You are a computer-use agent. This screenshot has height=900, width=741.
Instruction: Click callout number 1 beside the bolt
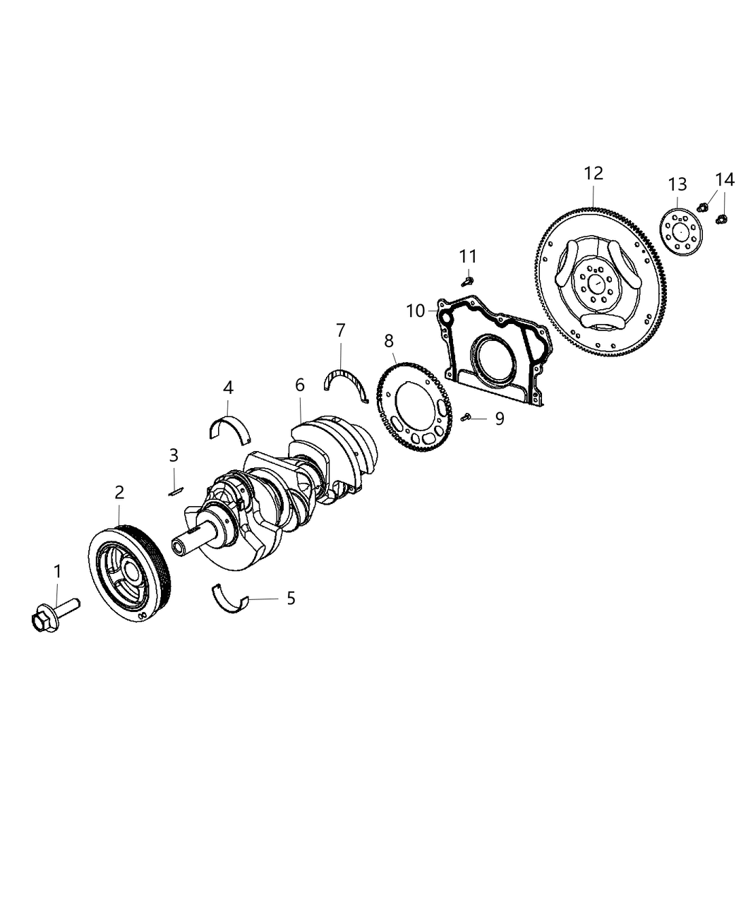[57, 572]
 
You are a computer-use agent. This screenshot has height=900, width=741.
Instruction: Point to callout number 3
[174, 455]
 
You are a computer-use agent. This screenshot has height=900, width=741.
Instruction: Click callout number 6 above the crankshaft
[300, 385]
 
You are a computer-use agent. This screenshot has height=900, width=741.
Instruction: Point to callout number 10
[414, 310]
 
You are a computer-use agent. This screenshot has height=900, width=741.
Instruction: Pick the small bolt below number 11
[466, 282]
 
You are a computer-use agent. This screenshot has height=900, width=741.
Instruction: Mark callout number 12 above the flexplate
[594, 173]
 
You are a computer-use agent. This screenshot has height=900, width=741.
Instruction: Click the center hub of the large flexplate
[596, 283]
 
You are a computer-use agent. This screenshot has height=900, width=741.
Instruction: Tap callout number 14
[724, 179]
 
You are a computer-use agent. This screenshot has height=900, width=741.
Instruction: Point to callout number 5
[291, 599]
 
